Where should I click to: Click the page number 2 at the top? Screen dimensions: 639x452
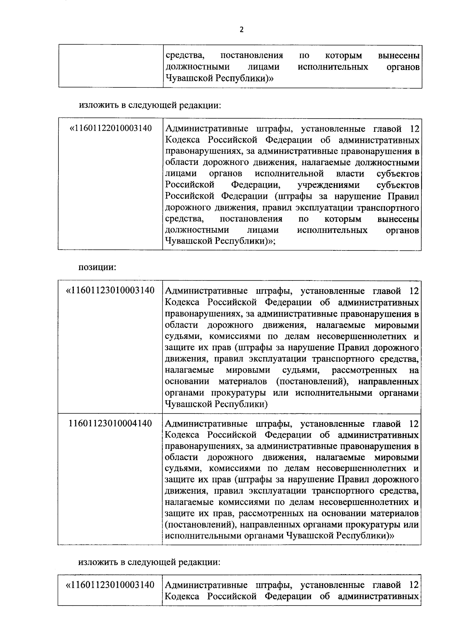coord(241,30)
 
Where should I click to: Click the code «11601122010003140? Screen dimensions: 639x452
coord(111,129)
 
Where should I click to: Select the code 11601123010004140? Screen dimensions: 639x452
coord(110,424)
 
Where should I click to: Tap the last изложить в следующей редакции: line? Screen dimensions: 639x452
coord(149,562)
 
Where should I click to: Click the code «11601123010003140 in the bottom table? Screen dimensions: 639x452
coord(110,585)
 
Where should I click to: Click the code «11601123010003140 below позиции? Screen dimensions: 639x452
coord(110,291)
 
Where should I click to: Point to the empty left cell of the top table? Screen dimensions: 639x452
coord(110,67)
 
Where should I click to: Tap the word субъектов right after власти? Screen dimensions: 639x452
coord(398,174)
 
